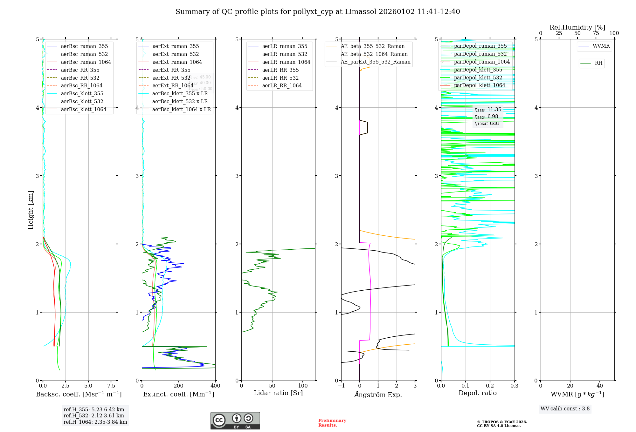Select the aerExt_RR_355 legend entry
(x=171, y=70)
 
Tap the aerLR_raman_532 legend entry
(x=285, y=54)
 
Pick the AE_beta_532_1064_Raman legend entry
(x=374, y=54)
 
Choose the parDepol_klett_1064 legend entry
(x=479, y=85)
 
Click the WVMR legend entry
(x=601, y=46)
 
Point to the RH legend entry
(x=598, y=63)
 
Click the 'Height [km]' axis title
(x=31, y=210)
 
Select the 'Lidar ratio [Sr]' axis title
(x=278, y=393)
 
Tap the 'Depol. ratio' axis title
(x=477, y=393)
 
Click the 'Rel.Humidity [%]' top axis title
(x=577, y=27)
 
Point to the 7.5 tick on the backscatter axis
(x=111, y=386)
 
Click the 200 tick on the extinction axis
(x=179, y=386)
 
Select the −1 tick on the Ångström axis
(x=341, y=386)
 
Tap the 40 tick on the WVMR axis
(x=600, y=386)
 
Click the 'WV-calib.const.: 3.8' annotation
(x=565, y=408)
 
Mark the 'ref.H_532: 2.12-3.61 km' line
(x=94, y=415)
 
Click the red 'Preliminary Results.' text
(x=332, y=422)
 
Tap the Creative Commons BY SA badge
(x=235, y=421)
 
